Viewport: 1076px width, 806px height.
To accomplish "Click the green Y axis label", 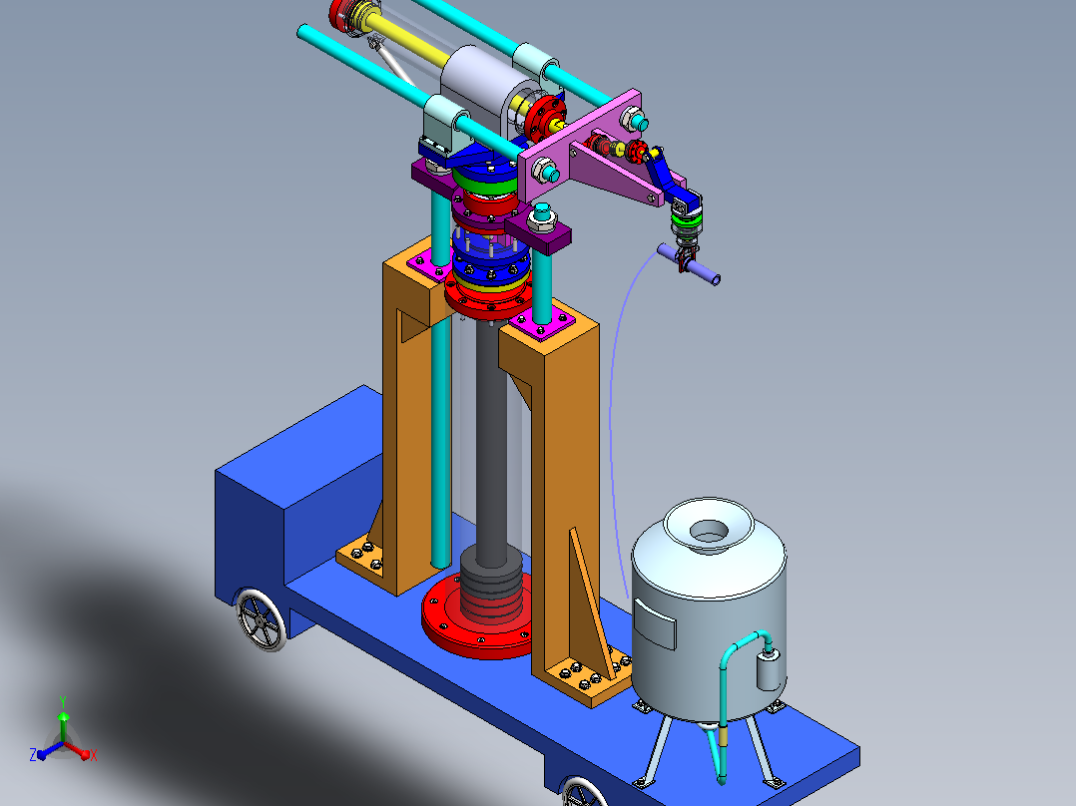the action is (x=63, y=701).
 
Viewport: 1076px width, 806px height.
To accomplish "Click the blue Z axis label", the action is (x=32, y=754).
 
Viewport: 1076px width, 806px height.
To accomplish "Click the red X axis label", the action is (x=94, y=755).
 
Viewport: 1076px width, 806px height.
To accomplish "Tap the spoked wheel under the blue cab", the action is (x=261, y=619).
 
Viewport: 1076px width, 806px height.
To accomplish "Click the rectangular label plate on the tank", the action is (x=654, y=623).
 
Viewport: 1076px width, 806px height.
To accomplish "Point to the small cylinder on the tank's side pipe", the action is (x=770, y=670).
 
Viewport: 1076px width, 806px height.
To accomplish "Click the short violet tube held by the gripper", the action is (x=689, y=264).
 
